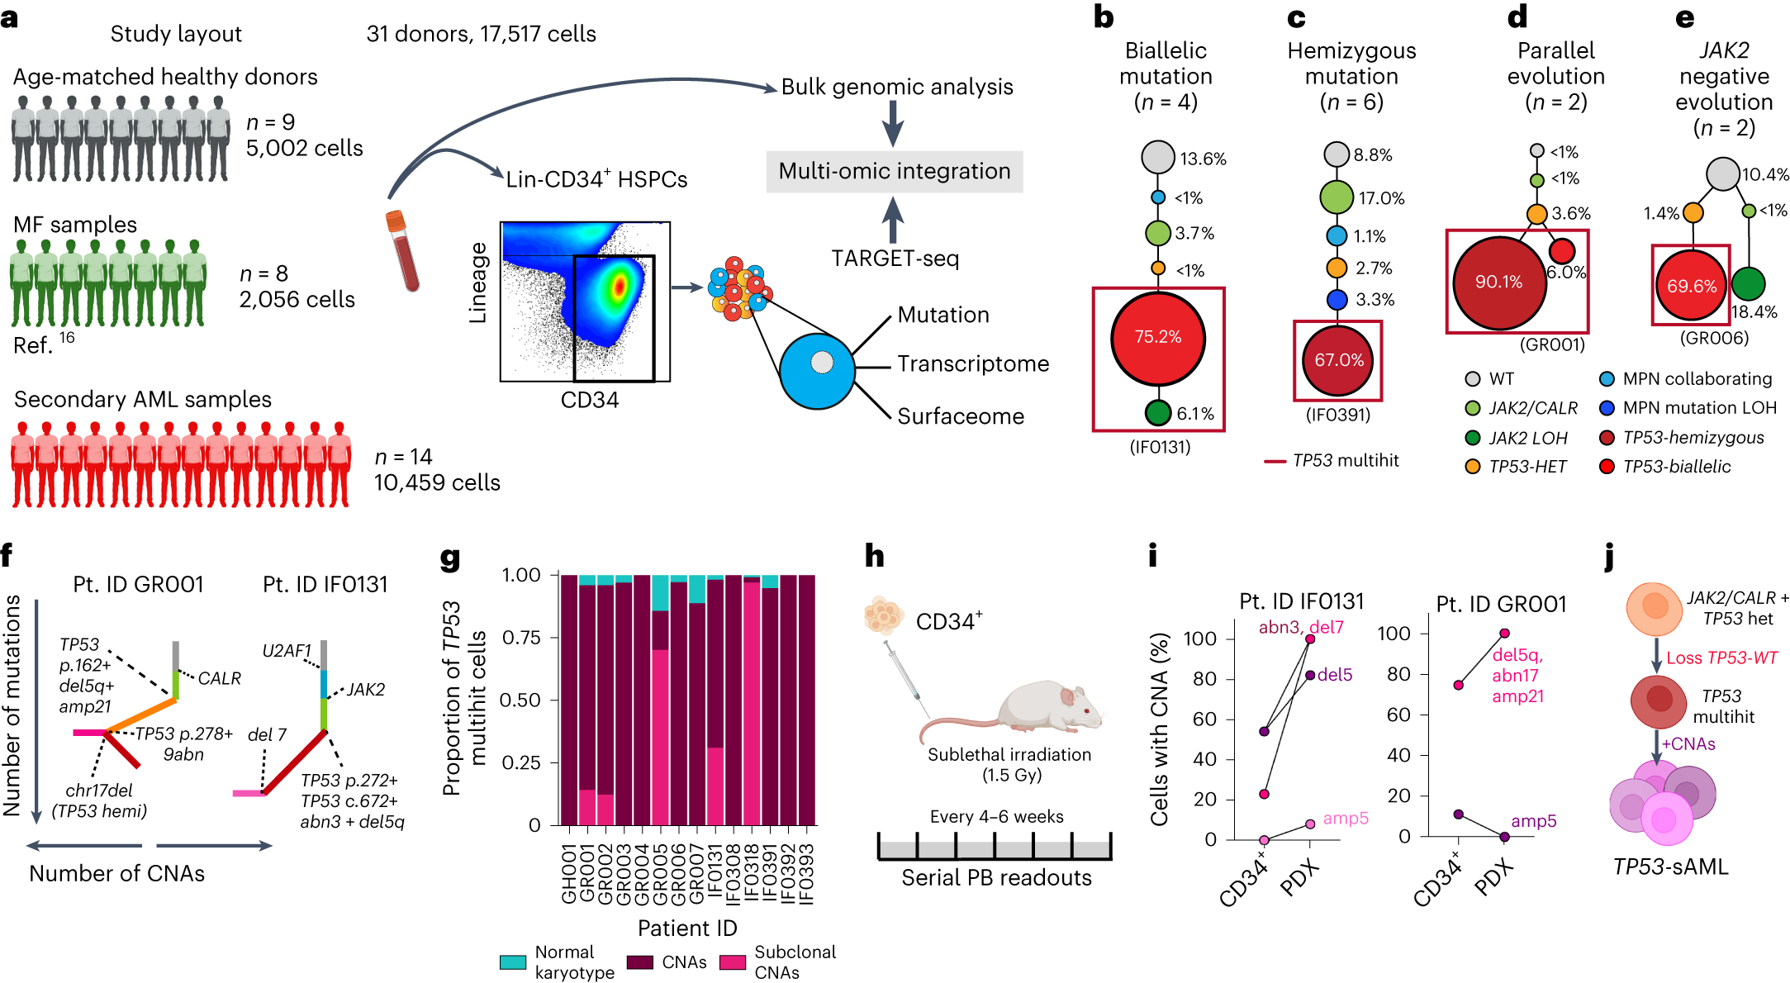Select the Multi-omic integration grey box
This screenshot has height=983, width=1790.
coord(895,171)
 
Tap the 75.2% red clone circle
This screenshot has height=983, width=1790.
coord(1157,337)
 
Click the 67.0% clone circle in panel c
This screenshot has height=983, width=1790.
coord(1338,360)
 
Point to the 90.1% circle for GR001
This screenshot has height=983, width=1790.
coord(1498,283)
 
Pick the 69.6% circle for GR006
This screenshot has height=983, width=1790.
coord(1691,286)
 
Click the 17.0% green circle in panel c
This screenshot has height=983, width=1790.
coord(1337,197)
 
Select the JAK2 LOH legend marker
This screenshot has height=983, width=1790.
coord(1472,438)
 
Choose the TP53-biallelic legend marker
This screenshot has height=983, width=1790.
coord(1607,466)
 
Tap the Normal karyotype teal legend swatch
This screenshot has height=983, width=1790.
coord(513,962)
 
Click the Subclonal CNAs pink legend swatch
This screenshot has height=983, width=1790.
coord(733,962)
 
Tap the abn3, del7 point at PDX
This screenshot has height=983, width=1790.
coord(1310,639)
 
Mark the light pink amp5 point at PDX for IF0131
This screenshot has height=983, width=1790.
coord(1310,824)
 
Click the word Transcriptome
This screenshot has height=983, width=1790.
coord(973,363)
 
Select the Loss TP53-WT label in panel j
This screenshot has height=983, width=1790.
coord(1721,658)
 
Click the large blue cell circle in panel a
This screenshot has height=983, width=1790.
coord(817,372)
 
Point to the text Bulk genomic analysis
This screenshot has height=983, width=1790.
coord(897,87)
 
